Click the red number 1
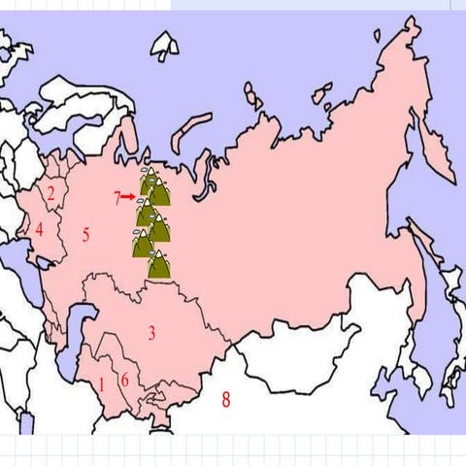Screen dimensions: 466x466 click(x=101, y=383)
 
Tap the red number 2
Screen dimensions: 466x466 click(x=50, y=192)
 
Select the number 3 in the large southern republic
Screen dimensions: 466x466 click(x=151, y=333)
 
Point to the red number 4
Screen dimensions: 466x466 click(x=40, y=230)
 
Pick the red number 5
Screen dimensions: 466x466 click(x=85, y=234)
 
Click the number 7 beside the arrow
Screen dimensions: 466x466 click(x=116, y=198)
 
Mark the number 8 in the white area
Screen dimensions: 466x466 click(x=226, y=397)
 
